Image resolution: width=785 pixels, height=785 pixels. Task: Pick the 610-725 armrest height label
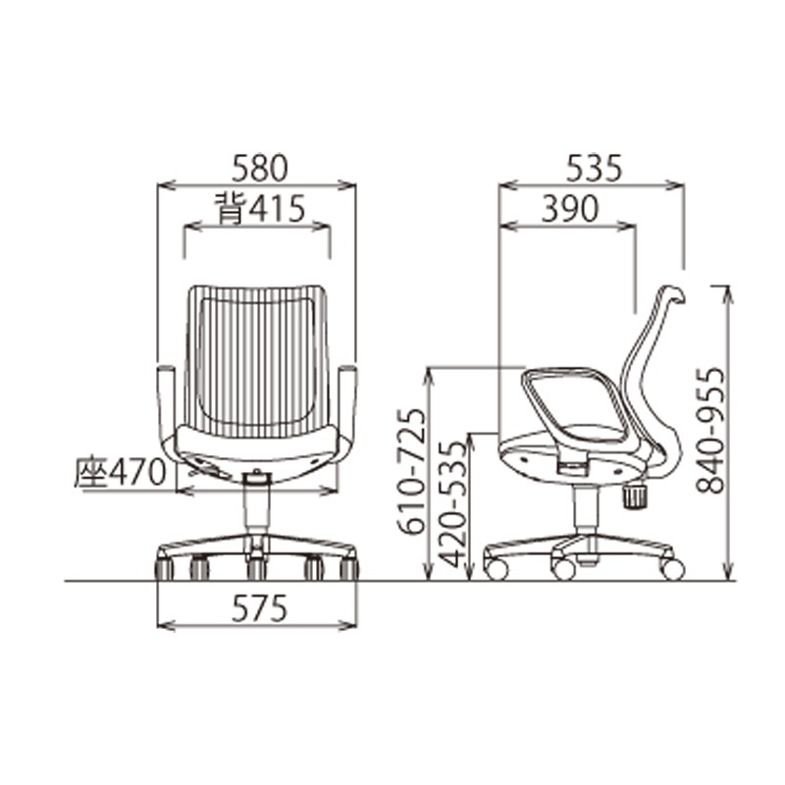[x=413, y=471]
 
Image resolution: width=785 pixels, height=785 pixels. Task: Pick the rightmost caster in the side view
[x=672, y=568]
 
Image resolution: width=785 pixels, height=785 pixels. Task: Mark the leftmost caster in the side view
[x=497, y=568]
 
